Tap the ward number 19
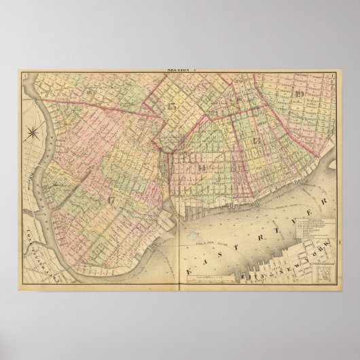[x=300, y=93]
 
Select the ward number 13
[x=256, y=139]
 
